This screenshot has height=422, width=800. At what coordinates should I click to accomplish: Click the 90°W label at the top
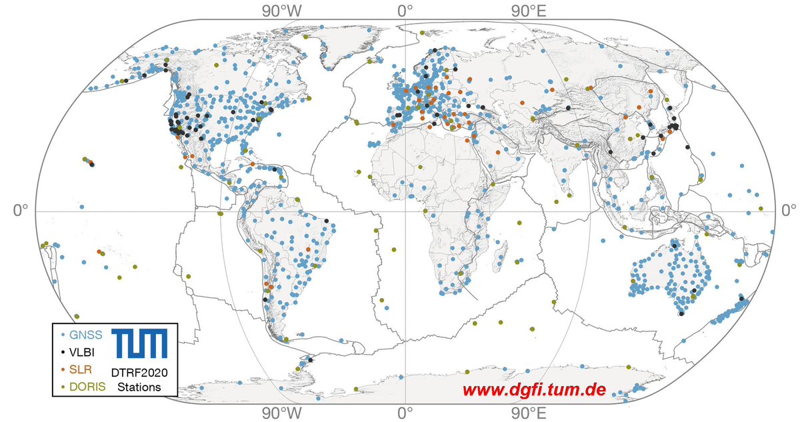tap(281, 11)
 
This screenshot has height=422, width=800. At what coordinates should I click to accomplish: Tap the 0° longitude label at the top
tap(404, 11)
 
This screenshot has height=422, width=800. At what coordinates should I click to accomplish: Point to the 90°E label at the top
tap(528, 11)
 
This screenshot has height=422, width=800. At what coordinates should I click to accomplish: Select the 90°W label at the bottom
tap(281, 411)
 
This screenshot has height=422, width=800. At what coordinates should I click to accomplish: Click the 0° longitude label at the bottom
tap(404, 411)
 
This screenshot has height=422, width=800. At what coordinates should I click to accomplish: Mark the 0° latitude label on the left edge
tap(21, 211)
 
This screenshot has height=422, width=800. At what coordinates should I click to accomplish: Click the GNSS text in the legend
tap(82, 333)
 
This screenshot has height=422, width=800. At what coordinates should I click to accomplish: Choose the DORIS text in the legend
tap(85, 386)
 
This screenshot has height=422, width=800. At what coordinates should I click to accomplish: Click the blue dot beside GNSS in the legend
tap(62, 334)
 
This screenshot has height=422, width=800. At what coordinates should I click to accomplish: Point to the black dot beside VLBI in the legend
tap(62, 351)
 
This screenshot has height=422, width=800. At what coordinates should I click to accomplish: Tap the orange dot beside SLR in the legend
tap(62, 369)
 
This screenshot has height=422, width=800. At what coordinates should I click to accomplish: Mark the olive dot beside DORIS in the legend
tap(62, 386)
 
